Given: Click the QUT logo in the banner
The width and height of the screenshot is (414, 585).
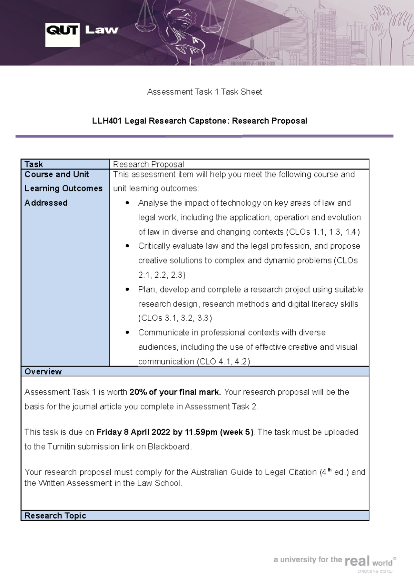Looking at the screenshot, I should tap(62, 35).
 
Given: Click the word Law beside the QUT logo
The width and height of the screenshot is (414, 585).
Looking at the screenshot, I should tap(101, 30).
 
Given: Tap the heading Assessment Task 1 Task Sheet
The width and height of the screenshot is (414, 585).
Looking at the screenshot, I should tap(205, 92).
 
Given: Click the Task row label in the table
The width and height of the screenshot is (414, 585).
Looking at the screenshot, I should tap(34, 164).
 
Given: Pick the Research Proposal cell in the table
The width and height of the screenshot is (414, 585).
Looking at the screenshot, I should tap(148, 164).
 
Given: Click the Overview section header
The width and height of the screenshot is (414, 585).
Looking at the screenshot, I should tap(43, 371).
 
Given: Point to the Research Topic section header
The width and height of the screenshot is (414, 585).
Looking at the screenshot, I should tap(55, 515).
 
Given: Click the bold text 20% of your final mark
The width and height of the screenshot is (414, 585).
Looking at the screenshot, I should tap(175, 392).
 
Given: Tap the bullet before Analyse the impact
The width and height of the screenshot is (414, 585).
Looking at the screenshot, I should tap(128, 203).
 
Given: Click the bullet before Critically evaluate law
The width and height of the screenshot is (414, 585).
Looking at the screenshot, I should tap(128, 246).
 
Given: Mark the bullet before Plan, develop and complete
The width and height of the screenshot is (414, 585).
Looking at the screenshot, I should tap(128, 289).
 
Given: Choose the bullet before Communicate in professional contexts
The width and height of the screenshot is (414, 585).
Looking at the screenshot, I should tap(128, 332).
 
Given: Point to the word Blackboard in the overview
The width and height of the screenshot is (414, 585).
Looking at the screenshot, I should tap(169, 447).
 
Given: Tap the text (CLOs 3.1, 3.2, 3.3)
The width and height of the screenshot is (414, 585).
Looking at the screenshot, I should tap(175, 318).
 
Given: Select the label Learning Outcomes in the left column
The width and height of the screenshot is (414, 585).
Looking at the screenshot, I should tap(63, 188).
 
